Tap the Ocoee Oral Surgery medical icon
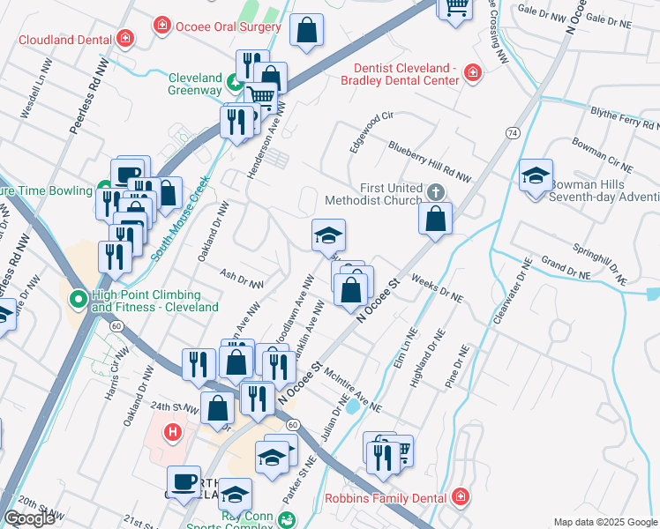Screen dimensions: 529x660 [x=162, y=26]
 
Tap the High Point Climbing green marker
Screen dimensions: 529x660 [x=78, y=301]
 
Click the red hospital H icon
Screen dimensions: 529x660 [x=173, y=432]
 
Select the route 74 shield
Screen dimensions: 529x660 [x=513, y=132]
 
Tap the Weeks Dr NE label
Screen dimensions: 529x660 [x=437, y=288]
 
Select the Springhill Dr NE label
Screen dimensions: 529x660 [x=598, y=261]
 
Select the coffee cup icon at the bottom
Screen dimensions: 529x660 [x=184, y=481]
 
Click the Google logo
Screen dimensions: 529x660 [x=29, y=518]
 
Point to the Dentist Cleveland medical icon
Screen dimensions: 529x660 [x=474, y=72]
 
